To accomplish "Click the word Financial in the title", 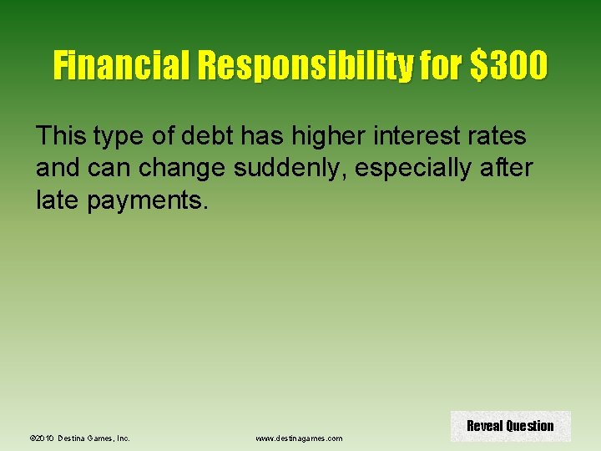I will pyautogui.click(x=123, y=64).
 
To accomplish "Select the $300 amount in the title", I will pyautogui.click(x=509, y=64).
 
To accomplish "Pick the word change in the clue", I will pyautogui.click(x=184, y=168).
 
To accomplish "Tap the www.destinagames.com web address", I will pyautogui.click(x=299, y=438).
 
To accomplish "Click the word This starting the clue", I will pyautogui.click(x=61, y=134).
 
